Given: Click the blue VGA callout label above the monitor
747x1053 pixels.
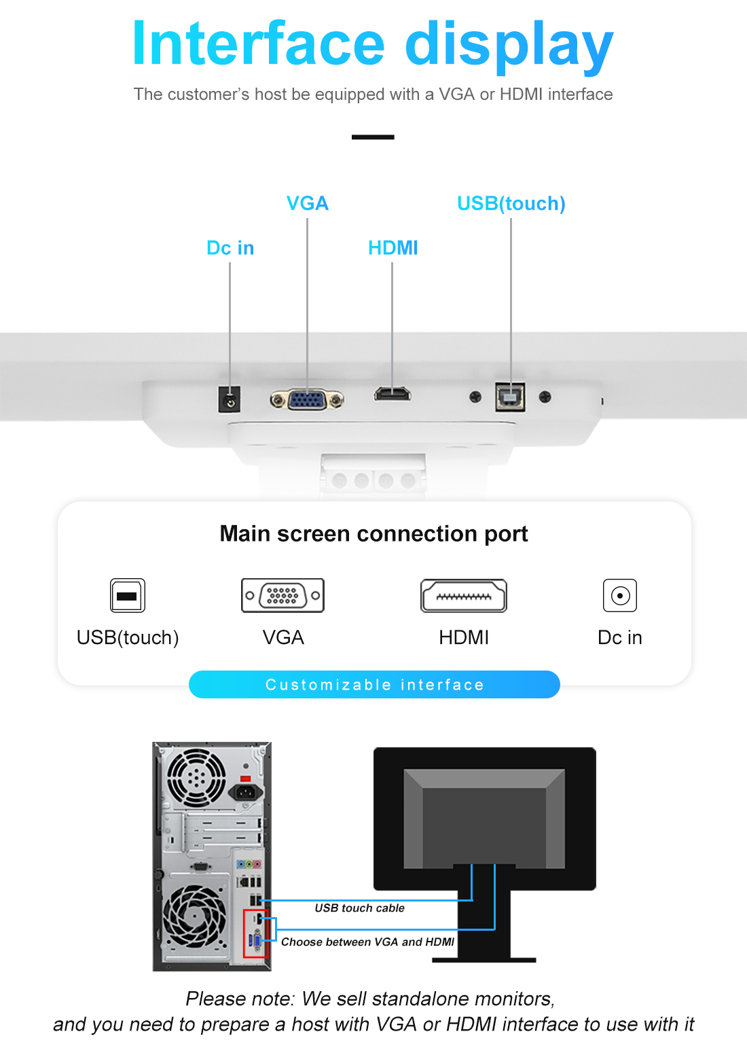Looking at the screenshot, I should tap(307, 203).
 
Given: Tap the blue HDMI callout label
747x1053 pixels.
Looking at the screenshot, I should tap(393, 248).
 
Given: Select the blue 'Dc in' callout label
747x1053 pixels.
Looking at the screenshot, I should tap(230, 248).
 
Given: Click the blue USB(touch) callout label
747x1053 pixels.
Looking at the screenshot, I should tap(511, 203).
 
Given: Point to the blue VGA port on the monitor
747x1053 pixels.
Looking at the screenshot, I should tap(307, 399).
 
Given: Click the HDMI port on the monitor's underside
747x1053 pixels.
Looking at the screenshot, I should tap(393, 393).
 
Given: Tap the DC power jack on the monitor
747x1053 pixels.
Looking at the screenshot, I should tap(230, 399).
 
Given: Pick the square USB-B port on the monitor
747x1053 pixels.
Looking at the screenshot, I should tap(510, 397).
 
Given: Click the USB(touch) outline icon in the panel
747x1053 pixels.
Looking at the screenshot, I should tap(127, 596).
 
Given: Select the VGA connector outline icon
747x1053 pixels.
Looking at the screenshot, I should tap(283, 596).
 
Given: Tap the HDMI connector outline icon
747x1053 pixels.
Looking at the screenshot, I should tap(464, 596).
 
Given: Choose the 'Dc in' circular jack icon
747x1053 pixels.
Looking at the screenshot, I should tap(619, 596).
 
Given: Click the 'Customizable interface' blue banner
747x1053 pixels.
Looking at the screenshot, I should tap(374, 684).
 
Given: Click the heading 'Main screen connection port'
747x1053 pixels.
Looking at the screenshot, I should tap(373, 534).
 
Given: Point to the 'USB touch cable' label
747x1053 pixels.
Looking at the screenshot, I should tap(359, 908).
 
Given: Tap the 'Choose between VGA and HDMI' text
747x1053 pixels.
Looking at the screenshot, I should tap(367, 942).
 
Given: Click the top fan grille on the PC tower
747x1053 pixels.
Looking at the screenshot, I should tap(196, 777).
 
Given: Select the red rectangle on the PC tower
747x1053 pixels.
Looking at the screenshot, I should tap(256, 934).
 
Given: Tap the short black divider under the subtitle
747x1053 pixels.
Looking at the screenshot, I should tap(373, 137).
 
